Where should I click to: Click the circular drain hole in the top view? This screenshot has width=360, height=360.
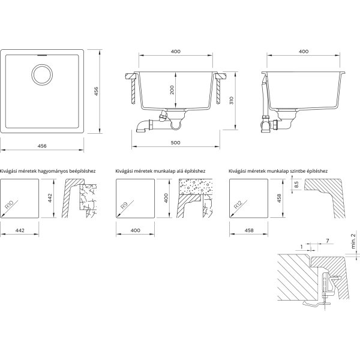point(42,74)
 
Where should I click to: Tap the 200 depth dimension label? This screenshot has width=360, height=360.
point(172,90)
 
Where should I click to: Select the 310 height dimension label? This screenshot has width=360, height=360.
point(232,101)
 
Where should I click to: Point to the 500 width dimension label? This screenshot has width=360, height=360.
point(176,143)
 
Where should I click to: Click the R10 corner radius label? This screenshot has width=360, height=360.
point(10,205)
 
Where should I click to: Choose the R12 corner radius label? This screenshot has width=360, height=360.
point(238,204)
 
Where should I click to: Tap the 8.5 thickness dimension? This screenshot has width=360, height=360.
point(296,184)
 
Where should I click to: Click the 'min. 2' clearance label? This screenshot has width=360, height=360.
point(353,241)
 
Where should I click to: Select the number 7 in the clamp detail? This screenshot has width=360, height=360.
point(328,241)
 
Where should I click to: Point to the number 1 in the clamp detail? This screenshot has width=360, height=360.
point(301,247)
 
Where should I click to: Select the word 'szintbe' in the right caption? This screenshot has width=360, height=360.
point(297,171)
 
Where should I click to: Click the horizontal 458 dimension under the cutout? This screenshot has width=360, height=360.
point(249,230)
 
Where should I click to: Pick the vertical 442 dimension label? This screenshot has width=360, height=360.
point(50,198)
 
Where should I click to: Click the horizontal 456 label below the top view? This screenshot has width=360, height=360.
point(42,146)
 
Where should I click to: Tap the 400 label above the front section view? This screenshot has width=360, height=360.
point(176,52)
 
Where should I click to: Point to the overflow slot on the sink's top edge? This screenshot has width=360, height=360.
point(42,55)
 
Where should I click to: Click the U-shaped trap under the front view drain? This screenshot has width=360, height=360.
point(176,125)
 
